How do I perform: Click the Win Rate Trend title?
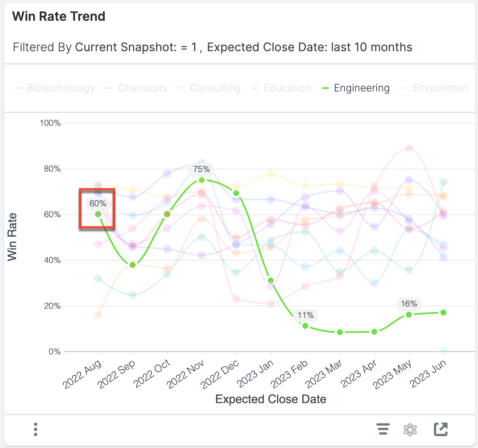58,17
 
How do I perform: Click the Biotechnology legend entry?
61,88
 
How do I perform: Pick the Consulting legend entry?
215,88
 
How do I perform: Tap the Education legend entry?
286,88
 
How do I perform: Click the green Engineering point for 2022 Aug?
98,214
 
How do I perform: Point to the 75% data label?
201,169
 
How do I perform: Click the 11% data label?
305,315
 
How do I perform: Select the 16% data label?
409,304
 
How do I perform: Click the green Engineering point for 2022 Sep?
133,265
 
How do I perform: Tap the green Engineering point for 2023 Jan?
271,281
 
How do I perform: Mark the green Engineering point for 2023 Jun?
443,312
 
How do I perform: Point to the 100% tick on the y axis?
50,123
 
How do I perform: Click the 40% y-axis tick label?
52,260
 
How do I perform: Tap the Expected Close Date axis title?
270,399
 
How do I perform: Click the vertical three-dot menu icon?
36,429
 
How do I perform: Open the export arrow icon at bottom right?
441,429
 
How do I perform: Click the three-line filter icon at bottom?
383,429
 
